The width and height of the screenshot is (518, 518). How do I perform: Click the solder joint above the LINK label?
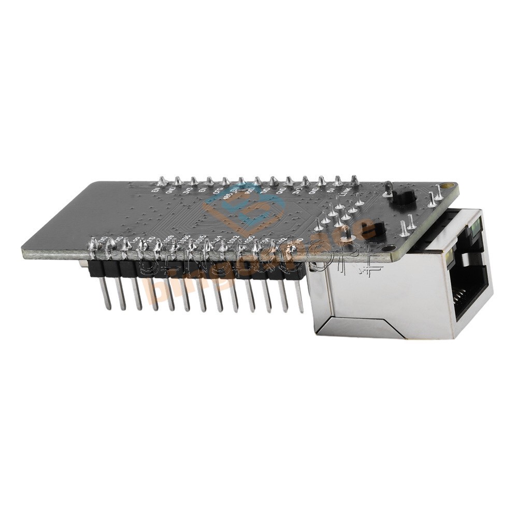354,181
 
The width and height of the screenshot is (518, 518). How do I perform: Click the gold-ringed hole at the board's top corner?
448,185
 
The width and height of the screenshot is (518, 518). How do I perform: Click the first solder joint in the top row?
162,181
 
